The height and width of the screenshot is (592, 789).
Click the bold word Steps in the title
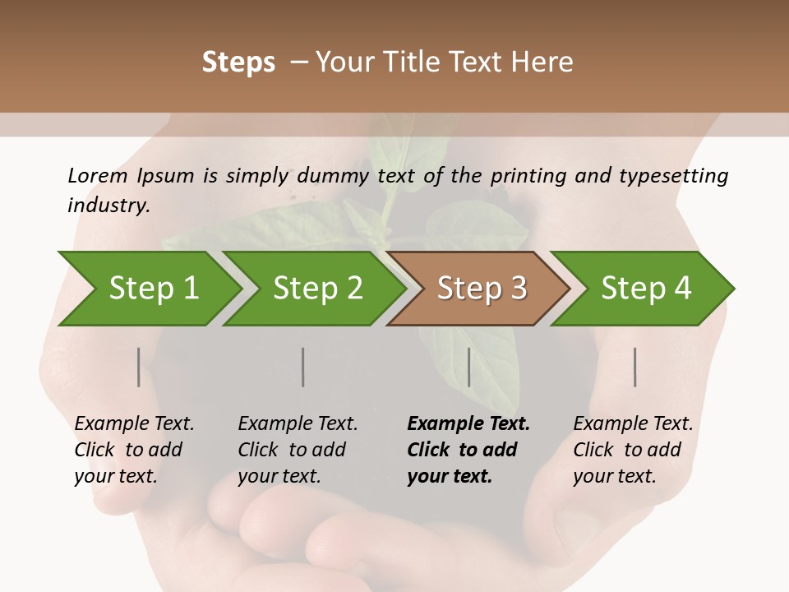pyautogui.click(x=238, y=62)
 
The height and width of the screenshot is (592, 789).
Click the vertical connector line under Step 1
pyautogui.click(x=138, y=367)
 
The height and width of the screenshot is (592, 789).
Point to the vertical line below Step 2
pyautogui.click(x=302, y=367)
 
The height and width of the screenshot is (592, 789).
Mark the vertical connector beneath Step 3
pyautogui.click(x=468, y=367)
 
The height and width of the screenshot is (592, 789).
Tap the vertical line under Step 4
pyautogui.click(x=634, y=367)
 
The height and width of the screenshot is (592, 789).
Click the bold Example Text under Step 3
pyautogui.click(x=468, y=424)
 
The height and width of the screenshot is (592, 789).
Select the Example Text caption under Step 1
pyautogui.click(x=134, y=424)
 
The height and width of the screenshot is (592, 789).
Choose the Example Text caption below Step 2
pyautogui.click(x=298, y=424)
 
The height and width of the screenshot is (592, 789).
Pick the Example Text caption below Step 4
pyautogui.click(x=633, y=424)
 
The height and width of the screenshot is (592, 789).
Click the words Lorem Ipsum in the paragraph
pyautogui.click(x=131, y=176)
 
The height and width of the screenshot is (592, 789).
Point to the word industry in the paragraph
pyautogui.click(x=108, y=206)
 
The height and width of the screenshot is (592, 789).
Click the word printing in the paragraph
pyautogui.click(x=530, y=176)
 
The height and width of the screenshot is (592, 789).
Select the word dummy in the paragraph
pyautogui.click(x=333, y=176)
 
